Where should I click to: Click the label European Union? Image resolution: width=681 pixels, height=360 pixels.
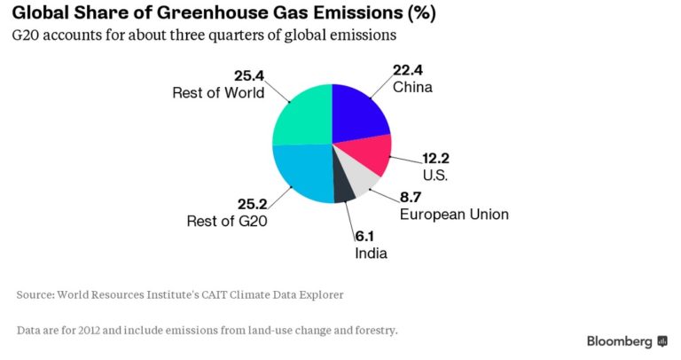454,215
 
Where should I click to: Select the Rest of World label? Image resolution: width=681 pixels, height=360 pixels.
217,91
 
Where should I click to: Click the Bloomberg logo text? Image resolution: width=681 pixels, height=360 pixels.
620,341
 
